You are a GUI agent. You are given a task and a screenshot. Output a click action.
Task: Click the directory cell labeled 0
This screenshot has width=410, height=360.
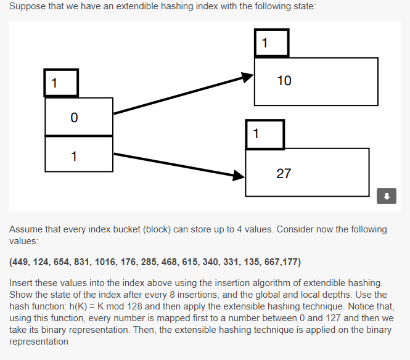[x=79, y=117]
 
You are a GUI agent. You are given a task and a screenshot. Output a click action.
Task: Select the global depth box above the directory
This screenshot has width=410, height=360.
[x=61, y=83]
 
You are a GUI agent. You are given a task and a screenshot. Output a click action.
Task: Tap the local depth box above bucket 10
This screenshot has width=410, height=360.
[x=271, y=43]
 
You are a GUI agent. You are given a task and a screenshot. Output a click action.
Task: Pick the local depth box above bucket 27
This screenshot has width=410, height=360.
[x=264, y=134]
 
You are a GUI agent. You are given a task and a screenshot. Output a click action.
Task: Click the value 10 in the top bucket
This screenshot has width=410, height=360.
[x=284, y=81]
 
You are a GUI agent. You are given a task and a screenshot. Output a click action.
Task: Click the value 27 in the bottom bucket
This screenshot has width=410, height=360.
[x=284, y=173]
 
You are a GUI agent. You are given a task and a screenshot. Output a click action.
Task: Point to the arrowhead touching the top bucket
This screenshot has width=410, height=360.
[x=247, y=77]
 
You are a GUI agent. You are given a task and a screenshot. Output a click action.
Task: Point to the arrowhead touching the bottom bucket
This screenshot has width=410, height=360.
[x=239, y=176]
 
